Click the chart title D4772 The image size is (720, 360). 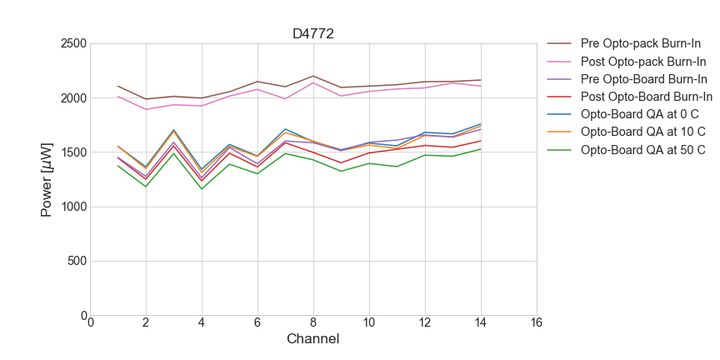tap(313, 34)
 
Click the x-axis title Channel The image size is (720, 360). tap(312, 339)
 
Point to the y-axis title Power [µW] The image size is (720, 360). tap(47, 179)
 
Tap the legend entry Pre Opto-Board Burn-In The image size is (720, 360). tap(644, 79)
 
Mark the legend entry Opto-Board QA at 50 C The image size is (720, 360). tap(642, 150)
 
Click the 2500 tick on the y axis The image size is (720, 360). tap(72, 43)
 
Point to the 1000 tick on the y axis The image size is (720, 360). tap(72, 207)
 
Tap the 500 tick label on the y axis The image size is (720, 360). tap(76, 262)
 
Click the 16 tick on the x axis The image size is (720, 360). tap(536, 323)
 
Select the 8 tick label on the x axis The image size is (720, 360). tap(313, 323)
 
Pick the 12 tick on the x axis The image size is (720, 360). tap(425, 323)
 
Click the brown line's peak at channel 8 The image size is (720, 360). tap(313, 76)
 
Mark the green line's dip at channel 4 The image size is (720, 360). tap(202, 188)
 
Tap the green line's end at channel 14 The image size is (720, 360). tap(480, 149)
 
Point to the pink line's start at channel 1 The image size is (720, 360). tap(118, 96)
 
